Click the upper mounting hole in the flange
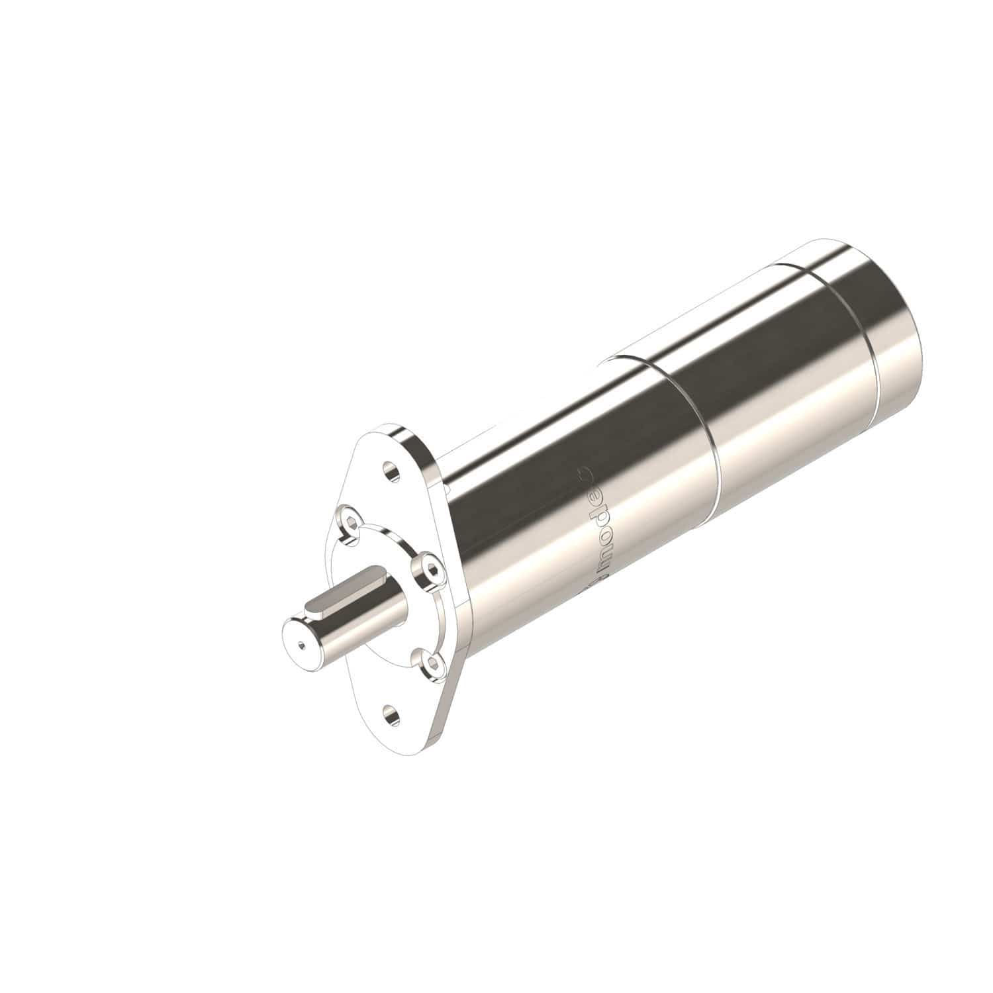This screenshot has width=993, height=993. tap(392, 473)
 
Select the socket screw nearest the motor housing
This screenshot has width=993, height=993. tap(428, 569)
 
